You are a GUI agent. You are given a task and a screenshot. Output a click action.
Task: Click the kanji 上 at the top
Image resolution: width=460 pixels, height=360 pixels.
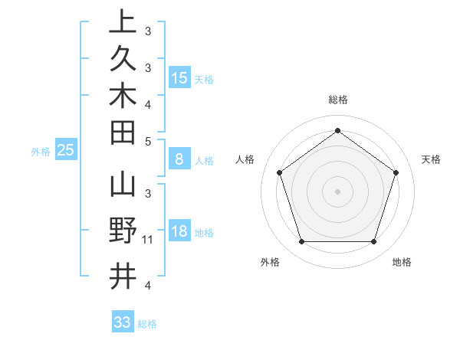[x=123, y=21]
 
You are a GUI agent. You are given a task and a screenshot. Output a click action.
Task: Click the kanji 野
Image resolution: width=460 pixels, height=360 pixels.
[x=123, y=231]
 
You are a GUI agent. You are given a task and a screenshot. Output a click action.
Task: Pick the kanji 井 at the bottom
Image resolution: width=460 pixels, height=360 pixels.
[x=123, y=275]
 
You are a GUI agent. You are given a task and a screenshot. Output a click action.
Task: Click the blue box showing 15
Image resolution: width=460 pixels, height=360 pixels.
[x=179, y=77]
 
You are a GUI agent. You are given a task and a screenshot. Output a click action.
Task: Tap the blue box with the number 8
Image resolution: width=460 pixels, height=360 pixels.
[x=179, y=159]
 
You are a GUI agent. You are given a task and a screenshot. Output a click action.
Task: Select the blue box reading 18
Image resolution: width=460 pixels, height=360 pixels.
[x=179, y=231]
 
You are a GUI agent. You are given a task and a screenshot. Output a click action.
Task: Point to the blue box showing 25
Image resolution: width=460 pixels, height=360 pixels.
[x=65, y=150]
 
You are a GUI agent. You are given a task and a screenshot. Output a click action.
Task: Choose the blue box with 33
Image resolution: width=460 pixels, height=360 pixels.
[x=122, y=322]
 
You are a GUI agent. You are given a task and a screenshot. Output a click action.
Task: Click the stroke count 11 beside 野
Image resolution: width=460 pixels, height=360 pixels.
[x=149, y=241]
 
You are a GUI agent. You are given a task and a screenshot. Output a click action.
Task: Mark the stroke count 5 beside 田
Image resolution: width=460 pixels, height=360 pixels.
[x=149, y=141]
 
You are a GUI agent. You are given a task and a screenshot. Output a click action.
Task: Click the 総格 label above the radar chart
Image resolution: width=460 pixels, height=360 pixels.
[x=337, y=100]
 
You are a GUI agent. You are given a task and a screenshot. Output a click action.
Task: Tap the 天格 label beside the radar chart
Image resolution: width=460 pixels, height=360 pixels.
[x=431, y=159]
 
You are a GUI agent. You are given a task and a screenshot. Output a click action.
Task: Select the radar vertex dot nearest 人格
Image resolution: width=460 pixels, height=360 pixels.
[x=279, y=172]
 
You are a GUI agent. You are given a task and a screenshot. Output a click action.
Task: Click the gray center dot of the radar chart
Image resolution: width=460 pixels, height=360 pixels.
[x=337, y=191]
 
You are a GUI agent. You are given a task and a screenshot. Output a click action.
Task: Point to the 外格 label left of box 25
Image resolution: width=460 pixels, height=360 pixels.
[x=41, y=152]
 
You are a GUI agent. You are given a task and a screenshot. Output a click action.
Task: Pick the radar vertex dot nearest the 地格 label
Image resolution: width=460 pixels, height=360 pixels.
[x=373, y=241]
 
